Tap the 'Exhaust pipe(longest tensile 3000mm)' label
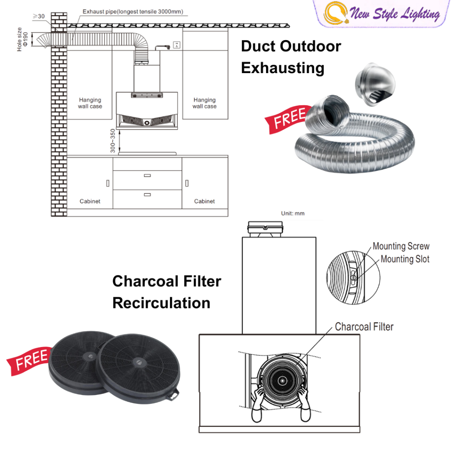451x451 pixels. coord(133,12)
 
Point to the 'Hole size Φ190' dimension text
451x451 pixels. coord(22,39)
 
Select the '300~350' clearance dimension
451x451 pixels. coord(113,141)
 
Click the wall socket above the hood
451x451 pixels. coord(177,44)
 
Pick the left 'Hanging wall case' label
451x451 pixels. coord(90,103)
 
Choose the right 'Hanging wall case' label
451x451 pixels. coord(204,103)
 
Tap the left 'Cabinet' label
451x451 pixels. coord(90,201)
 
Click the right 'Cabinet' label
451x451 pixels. coord(204,201)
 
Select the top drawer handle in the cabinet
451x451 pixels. coord(147,175)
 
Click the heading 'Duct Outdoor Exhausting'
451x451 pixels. coord(291,57)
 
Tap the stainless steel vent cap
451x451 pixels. coord(375,85)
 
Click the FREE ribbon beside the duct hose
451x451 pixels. coord(288,118)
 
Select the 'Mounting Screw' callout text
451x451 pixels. coord(401,246)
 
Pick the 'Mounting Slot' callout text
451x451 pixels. coord(405,259)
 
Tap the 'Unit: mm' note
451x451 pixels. coord(293,214)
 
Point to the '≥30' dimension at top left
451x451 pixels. coord(39,16)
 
